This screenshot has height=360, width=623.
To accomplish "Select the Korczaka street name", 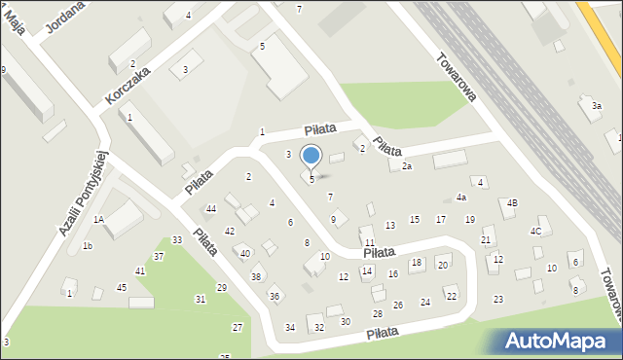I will (128, 86).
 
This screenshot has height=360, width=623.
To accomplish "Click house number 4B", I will (511, 202).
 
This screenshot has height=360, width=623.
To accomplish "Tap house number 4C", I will (535, 231).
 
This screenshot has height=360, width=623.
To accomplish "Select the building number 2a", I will (407, 166).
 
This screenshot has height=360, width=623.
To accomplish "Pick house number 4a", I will (460, 198).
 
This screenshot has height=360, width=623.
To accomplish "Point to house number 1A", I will (98, 220).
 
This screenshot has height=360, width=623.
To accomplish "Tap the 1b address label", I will (87, 246).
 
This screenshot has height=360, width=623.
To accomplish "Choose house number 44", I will (210, 209).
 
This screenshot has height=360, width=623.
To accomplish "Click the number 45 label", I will (122, 287).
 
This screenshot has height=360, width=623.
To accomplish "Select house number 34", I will (290, 327).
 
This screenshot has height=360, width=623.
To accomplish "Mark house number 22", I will (451, 296).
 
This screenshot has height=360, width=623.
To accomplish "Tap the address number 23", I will (498, 299).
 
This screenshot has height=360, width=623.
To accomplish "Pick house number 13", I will (390, 226).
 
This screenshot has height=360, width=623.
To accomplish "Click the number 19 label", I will (469, 220).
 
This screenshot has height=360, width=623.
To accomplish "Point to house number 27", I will (238, 327).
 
